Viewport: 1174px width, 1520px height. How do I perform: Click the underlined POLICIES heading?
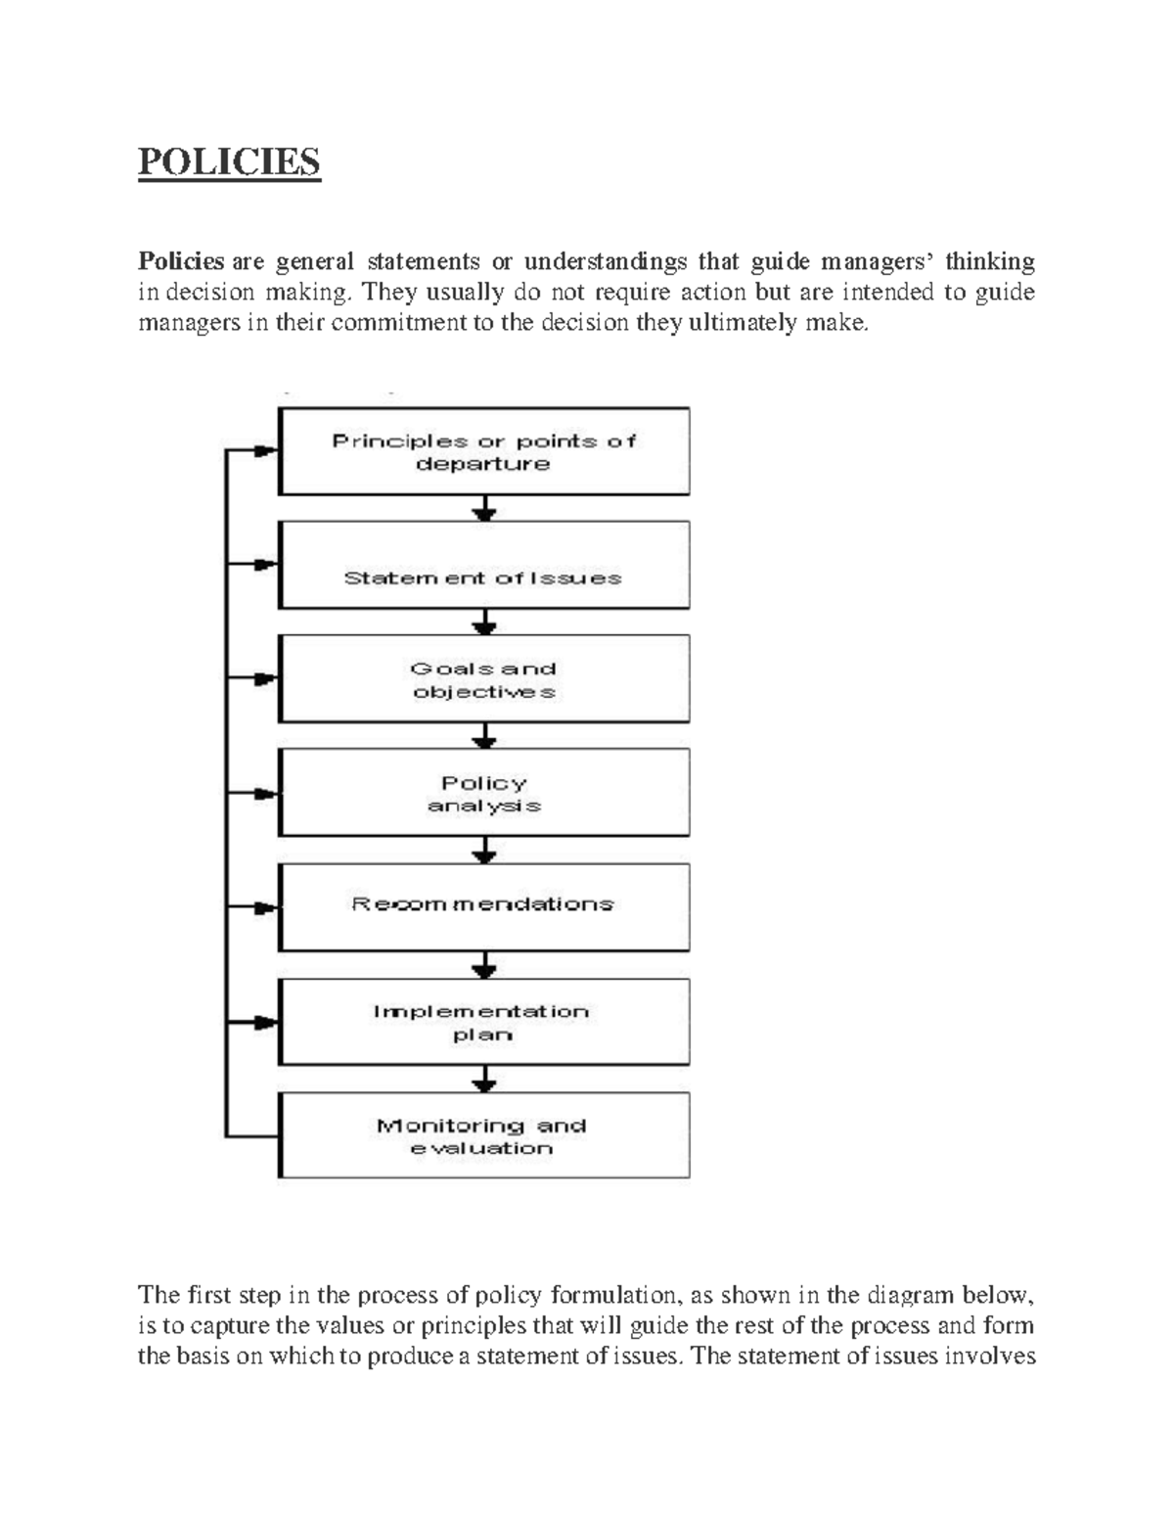coord(229,161)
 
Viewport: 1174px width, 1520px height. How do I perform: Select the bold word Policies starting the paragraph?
coord(181,261)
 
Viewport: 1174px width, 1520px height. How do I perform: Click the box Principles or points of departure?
coord(484,451)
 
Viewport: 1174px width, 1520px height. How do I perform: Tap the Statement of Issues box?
coord(484,566)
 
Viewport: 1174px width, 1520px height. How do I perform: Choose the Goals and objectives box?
coord(484,679)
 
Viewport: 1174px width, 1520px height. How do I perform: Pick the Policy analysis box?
coord(484,793)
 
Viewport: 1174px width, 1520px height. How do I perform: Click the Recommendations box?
coord(484,906)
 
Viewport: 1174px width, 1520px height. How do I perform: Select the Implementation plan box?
coord(484,1022)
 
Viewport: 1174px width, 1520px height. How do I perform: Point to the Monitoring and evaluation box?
coord(484,1135)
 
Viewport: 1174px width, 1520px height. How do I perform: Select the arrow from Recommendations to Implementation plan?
coord(484,966)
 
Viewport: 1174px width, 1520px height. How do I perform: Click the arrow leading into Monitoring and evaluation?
coord(484,1080)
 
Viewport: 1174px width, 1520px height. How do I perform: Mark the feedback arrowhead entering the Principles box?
coord(264,451)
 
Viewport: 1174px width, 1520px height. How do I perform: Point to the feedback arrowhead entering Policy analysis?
coord(264,793)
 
